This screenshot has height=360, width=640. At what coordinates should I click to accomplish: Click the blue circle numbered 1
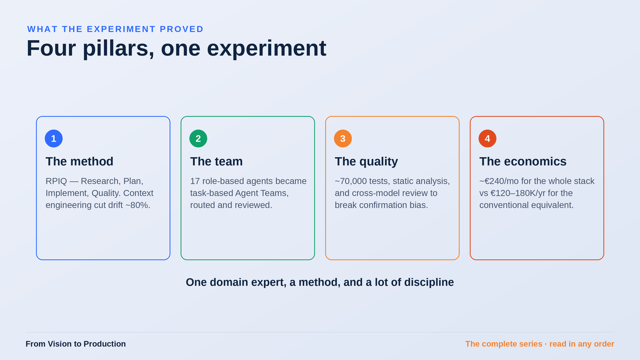click(x=54, y=138)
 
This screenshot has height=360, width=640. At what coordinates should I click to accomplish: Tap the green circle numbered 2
click(x=198, y=138)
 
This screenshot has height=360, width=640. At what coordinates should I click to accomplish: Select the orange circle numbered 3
click(x=343, y=138)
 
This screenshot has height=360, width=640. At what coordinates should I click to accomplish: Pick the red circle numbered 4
click(x=488, y=138)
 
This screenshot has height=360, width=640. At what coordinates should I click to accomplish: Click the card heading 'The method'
click(x=80, y=162)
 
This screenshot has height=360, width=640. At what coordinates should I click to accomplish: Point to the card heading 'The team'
click(x=216, y=162)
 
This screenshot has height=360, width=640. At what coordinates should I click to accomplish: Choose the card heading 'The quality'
click(x=366, y=162)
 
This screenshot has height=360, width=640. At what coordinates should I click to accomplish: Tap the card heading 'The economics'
click(x=523, y=162)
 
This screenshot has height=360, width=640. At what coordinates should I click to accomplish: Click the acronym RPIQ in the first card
click(x=56, y=181)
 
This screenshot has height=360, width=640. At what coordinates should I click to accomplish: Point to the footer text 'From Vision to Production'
click(x=76, y=344)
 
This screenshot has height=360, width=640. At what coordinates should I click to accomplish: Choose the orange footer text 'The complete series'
click(x=504, y=344)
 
